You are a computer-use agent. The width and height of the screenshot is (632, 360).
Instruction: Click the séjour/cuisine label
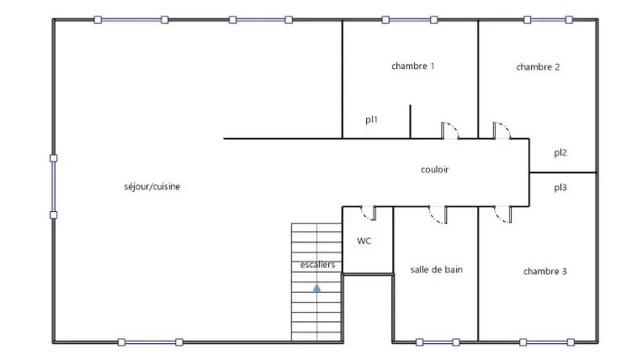(152, 187)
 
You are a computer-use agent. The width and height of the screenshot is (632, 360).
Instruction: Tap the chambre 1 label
(412, 66)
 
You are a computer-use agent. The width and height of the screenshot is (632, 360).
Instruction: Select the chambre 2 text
(538, 66)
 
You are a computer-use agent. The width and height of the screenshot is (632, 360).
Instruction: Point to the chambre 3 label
(545, 272)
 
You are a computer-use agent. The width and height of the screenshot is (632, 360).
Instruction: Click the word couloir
(434, 170)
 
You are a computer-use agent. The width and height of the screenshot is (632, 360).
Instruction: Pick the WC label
(364, 241)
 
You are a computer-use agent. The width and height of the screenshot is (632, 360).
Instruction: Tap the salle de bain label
(436, 270)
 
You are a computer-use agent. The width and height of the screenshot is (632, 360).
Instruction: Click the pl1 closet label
(371, 119)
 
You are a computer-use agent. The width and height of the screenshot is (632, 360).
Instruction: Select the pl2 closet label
(560, 152)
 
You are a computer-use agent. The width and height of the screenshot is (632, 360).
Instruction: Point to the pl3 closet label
(560, 188)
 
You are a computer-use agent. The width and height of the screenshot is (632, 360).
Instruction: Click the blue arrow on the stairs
(316, 288)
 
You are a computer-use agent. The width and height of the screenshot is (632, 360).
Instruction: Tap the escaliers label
(317, 265)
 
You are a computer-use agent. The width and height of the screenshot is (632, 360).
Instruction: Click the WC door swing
(369, 214)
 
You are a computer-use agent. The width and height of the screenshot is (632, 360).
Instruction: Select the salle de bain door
(438, 214)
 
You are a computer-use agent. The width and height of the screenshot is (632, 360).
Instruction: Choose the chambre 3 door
(503, 214)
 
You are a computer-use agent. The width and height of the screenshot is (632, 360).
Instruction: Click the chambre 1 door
(450, 130)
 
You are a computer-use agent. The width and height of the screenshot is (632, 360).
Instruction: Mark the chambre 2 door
(502, 130)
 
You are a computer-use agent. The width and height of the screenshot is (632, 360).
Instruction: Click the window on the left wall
(53, 187)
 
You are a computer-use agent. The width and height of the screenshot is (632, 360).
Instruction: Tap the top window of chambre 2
(548, 19)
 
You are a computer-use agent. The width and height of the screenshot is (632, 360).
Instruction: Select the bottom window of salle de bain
(438, 342)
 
